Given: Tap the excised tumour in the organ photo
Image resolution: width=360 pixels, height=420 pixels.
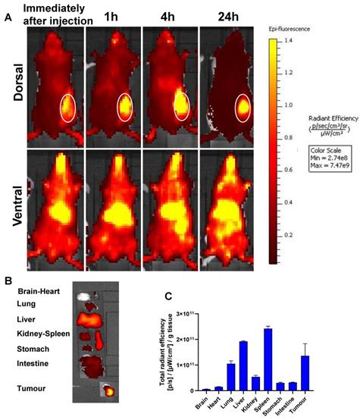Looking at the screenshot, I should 109,392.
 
